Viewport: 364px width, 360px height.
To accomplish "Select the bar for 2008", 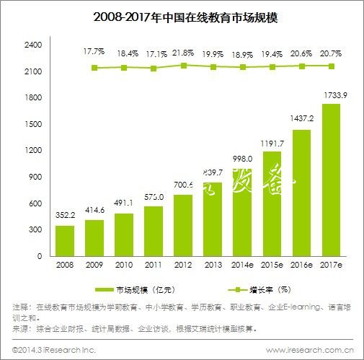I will (x=65, y=240).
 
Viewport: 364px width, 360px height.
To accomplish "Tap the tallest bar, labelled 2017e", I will (x=331, y=180).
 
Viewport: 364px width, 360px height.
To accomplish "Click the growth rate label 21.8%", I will (x=183, y=53).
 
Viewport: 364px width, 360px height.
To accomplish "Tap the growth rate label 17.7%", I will (x=94, y=52).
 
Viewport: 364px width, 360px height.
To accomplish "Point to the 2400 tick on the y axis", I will (x=34, y=45).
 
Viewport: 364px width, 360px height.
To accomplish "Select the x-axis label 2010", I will (x=124, y=265).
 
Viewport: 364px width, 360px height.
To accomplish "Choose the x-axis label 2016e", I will (x=301, y=265).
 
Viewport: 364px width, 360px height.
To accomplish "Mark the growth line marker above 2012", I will (x=183, y=66).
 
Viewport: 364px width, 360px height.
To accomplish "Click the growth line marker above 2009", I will (x=94, y=68).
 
